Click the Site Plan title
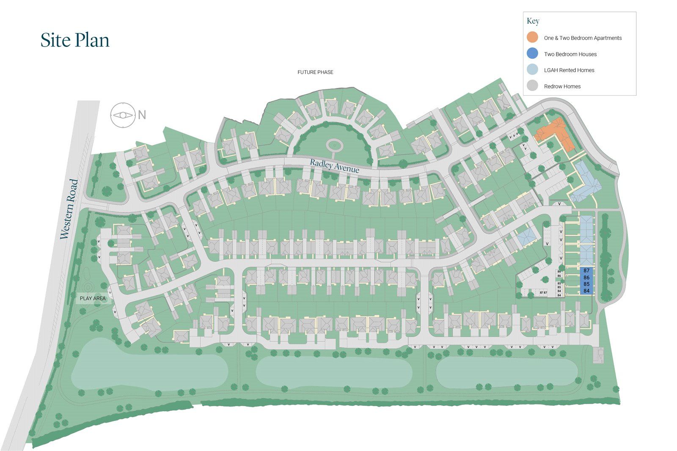coord(75,40)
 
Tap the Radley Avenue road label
coord(334,165)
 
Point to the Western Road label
coord(69,209)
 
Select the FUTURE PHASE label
coord(315,72)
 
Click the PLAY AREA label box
coord(93,298)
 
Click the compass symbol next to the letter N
coord(123,115)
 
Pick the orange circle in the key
coord(532,37)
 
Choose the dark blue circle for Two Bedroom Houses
coord(532,53)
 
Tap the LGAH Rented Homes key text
coord(569,70)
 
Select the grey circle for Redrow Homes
coord(532,86)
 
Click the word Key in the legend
coord(533,21)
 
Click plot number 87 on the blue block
coord(586,270)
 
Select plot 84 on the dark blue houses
coord(586,291)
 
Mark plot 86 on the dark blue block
coord(586,278)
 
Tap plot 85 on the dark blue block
coord(586,284)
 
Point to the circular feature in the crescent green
coord(334,146)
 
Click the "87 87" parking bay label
coord(543,293)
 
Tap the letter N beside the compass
coord(142,115)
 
